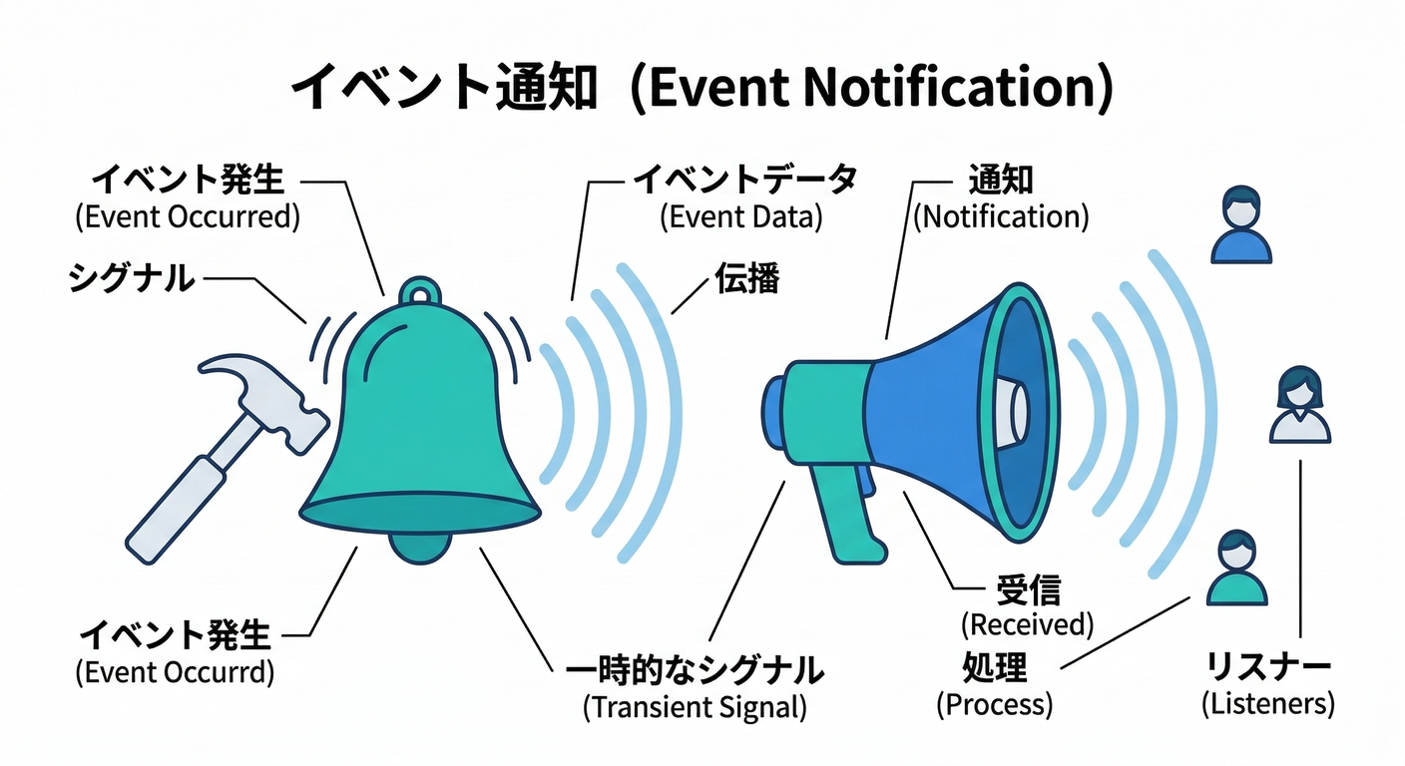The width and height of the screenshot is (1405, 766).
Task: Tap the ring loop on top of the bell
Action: point(419,291)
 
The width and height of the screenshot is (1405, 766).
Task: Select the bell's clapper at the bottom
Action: point(419,547)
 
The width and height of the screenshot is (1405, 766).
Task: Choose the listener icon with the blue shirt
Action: point(1240,228)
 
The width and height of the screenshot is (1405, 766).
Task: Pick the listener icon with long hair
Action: point(1299,404)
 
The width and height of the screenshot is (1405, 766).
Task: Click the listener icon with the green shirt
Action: point(1237,569)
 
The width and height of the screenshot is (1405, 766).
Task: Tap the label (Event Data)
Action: point(740,217)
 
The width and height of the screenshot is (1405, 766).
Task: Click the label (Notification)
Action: point(1001,216)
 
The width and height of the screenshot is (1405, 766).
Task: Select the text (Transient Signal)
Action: point(695,707)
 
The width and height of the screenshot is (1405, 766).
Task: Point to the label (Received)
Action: point(1027,624)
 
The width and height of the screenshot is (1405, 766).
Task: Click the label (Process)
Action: point(994,704)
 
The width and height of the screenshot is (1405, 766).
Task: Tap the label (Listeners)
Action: point(1267,703)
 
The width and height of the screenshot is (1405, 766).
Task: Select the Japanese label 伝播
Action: point(746,279)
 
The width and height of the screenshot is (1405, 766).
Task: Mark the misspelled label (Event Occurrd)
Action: point(175,672)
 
